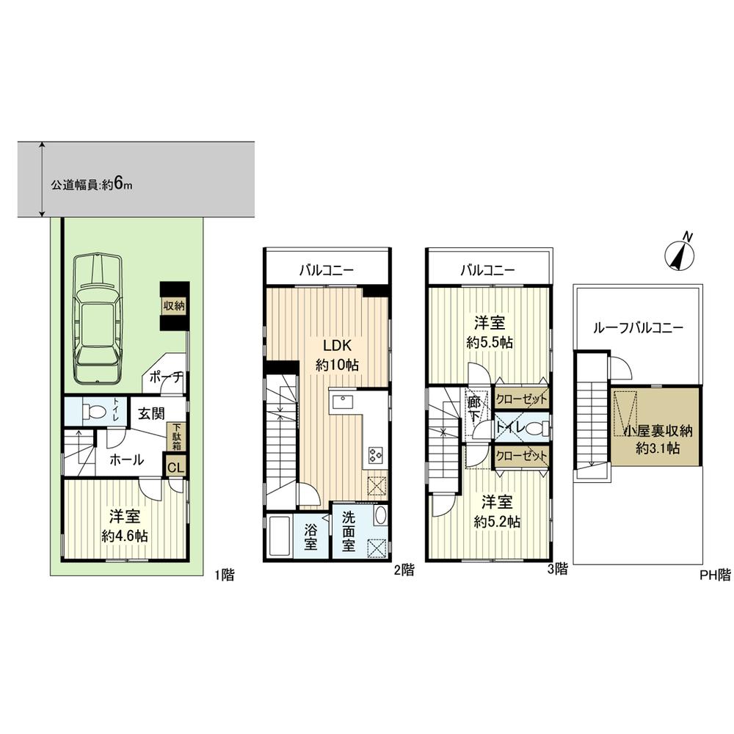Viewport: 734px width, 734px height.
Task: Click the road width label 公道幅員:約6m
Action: click(91, 185)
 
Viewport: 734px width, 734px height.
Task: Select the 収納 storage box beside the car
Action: click(175, 304)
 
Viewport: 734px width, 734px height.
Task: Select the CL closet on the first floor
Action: click(177, 467)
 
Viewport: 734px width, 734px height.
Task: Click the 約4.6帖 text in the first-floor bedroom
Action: click(125, 536)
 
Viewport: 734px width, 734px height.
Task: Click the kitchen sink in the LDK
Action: click(343, 401)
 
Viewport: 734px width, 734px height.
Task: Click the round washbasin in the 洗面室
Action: click(379, 515)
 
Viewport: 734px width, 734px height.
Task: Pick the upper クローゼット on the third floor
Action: click(521, 399)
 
